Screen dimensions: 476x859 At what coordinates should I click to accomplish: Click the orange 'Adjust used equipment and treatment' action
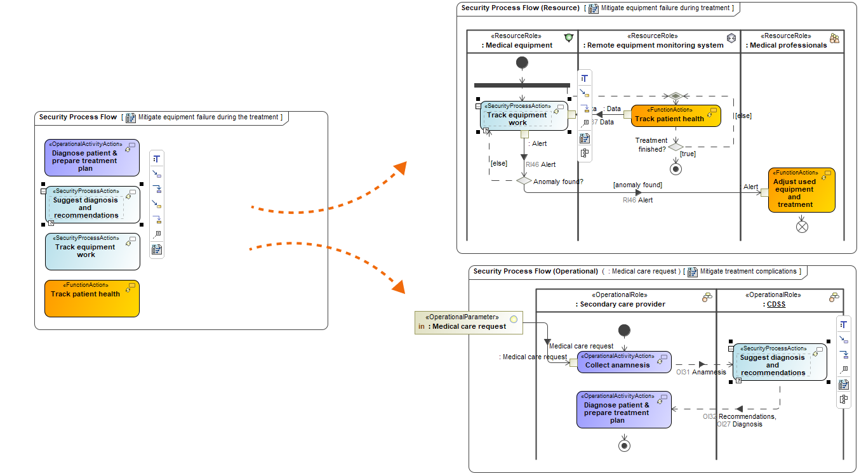pyautogui.click(x=801, y=190)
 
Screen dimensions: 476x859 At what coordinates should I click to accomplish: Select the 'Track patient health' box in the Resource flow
pyautogui.click(x=676, y=116)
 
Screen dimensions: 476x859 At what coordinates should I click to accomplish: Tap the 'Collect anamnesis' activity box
pyautogui.click(x=623, y=362)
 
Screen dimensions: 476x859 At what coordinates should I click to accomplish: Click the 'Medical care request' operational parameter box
pyautogui.click(x=468, y=322)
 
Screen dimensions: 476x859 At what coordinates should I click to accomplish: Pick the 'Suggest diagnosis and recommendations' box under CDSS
pyautogui.click(x=780, y=362)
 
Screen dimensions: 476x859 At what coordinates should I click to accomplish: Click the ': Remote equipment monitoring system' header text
pyautogui.click(x=655, y=45)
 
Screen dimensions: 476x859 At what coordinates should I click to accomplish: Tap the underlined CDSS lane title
pyautogui.click(x=776, y=304)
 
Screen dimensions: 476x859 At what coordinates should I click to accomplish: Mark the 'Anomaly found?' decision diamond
pyautogui.click(x=524, y=181)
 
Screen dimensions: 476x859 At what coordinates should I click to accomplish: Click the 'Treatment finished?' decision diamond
pyautogui.click(x=676, y=147)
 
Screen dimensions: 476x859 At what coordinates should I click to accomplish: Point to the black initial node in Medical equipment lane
pyautogui.click(x=522, y=62)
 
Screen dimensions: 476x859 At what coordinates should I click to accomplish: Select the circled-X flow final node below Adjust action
pyautogui.click(x=802, y=225)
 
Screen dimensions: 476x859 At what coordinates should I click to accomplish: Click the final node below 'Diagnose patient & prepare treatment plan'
pyautogui.click(x=625, y=446)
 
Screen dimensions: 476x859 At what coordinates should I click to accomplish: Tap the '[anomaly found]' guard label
pyautogui.click(x=637, y=185)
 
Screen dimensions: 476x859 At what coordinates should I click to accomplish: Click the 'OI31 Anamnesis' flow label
pyautogui.click(x=701, y=372)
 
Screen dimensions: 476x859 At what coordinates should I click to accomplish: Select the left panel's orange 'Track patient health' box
pyautogui.click(x=92, y=298)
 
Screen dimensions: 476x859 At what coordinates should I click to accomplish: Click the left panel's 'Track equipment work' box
pyautogui.click(x=92, y=251)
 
